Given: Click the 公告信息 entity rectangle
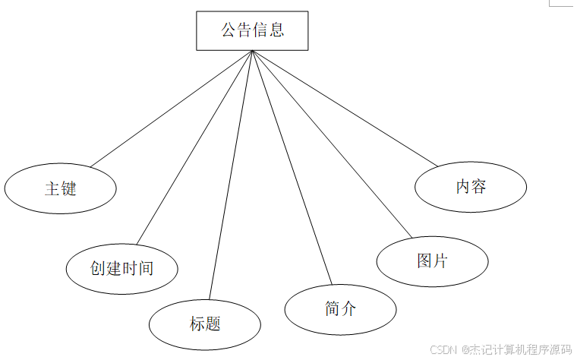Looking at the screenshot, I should tap(252, 30).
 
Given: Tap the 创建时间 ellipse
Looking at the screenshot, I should tap(121, 268).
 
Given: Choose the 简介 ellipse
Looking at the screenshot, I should tap(340, 308).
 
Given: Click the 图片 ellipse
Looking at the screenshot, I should tap(432, 261).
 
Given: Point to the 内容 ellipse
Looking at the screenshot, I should tap(471, 186).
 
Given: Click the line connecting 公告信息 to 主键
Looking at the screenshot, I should tap(171, 109).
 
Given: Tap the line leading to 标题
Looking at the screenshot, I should tap(230, 175).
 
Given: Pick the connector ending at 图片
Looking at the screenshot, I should tap(331, 143).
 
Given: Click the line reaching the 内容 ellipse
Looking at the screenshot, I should tap(345, 108).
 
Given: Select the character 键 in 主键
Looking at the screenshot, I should tap(68, 188).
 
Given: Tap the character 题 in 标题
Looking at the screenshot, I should tap(213, 324).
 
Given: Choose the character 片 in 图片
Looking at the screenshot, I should tap(440, 261).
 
